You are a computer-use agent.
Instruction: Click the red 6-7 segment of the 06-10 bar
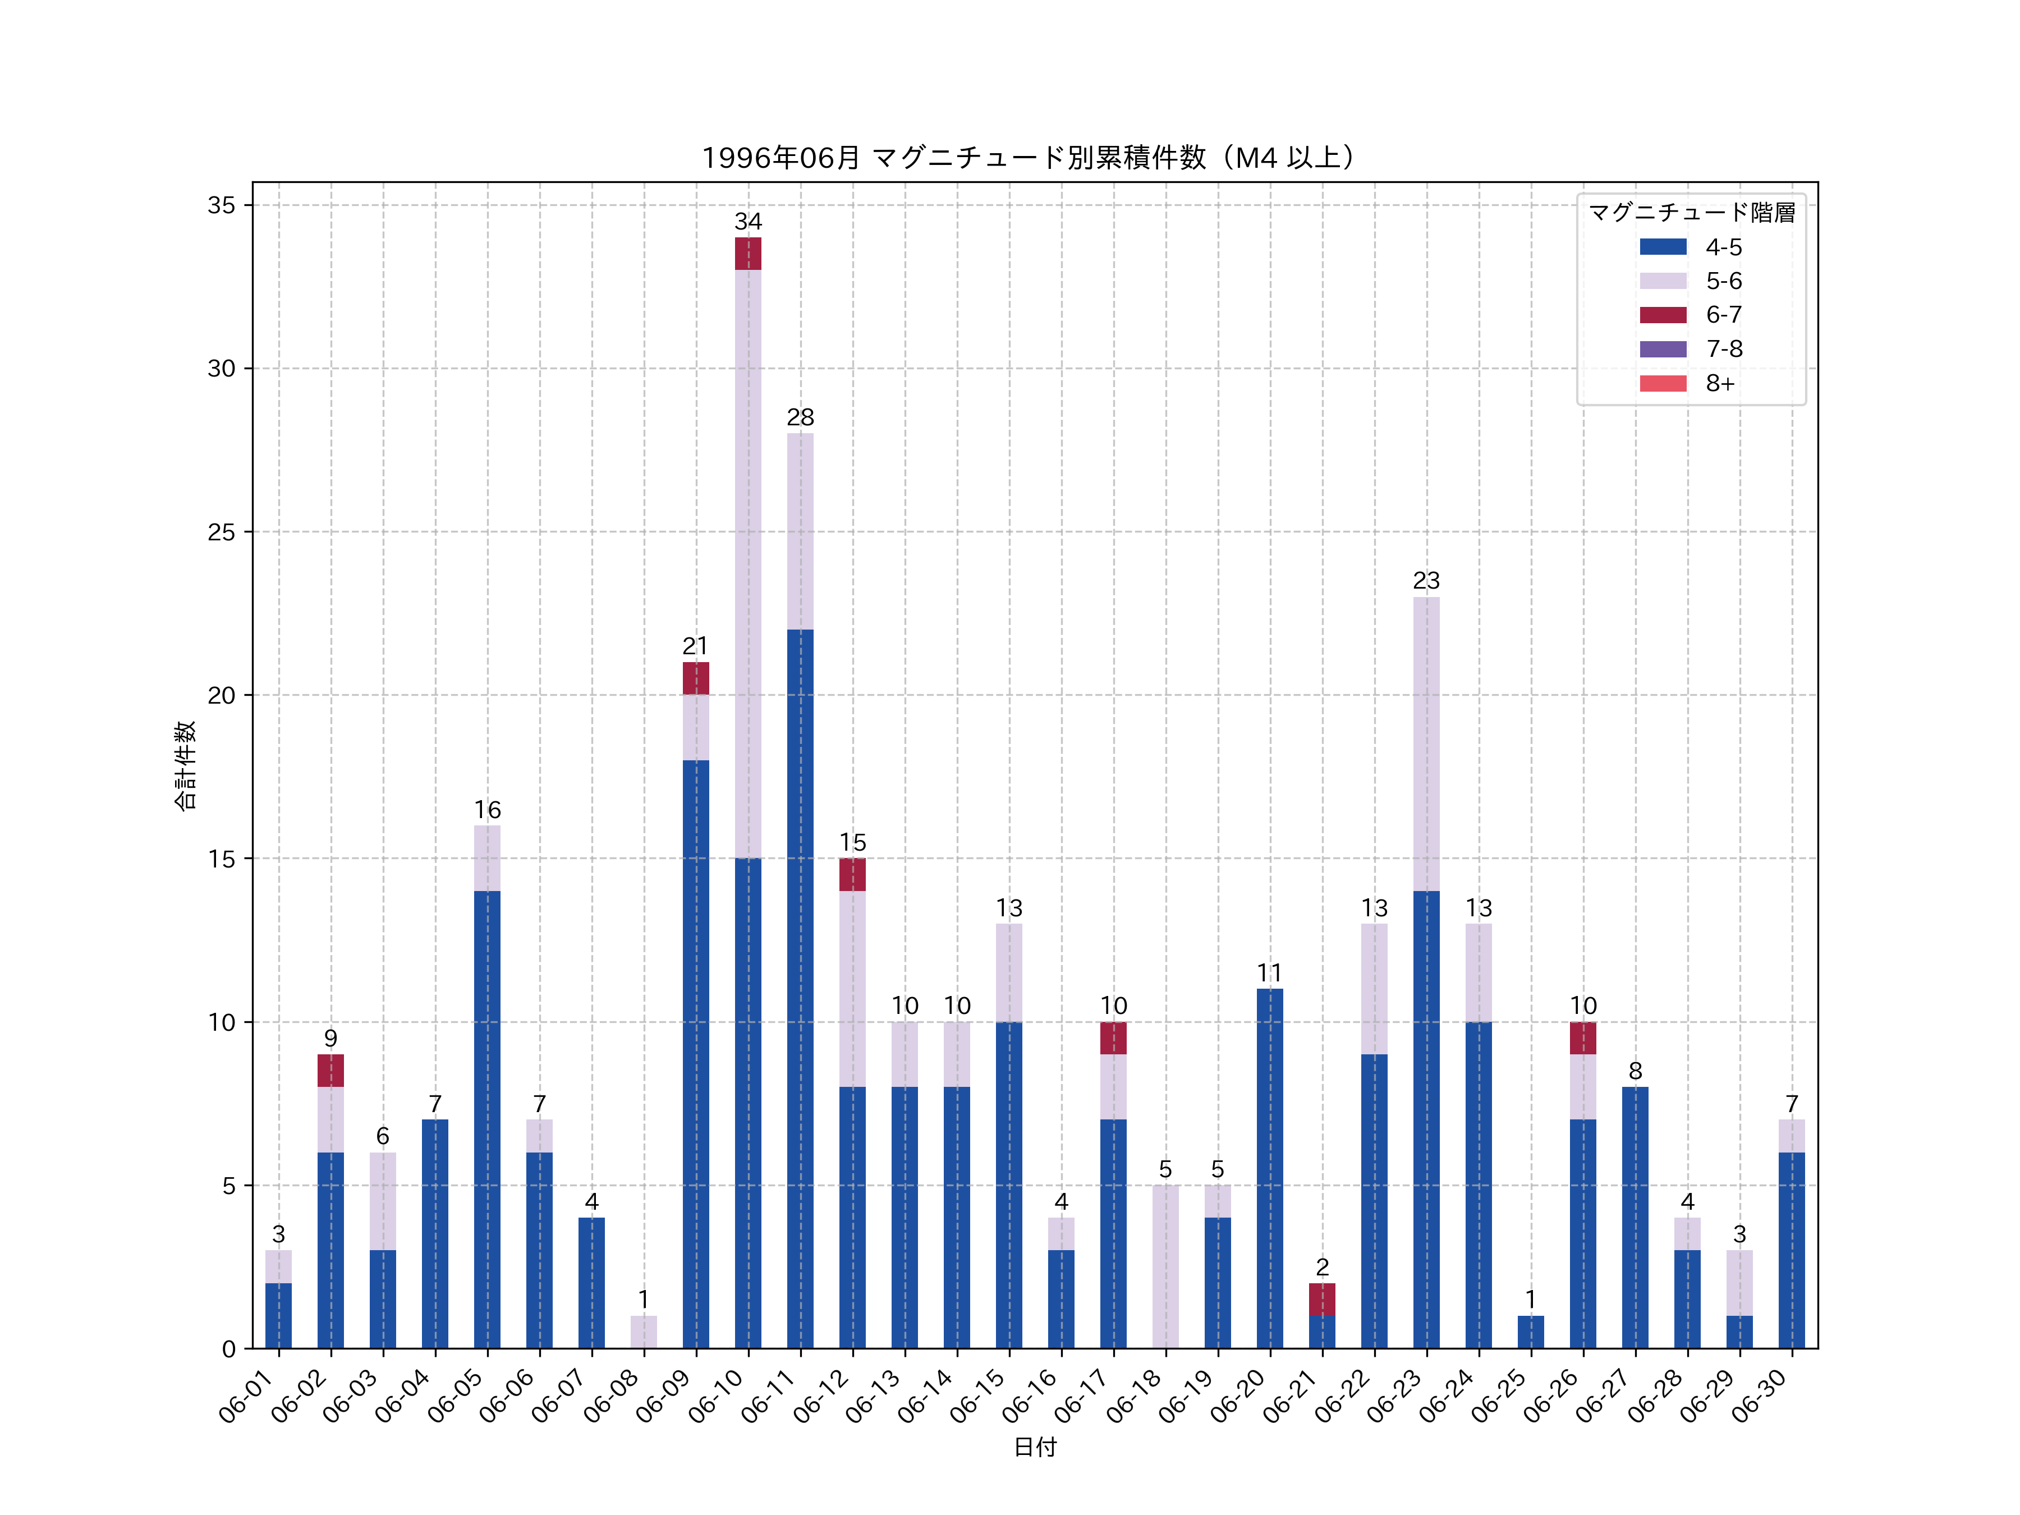click(x=748, y=254)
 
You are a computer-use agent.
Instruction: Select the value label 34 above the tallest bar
click(x=748, y=222)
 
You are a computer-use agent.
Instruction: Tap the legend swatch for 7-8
click(x=1663, y=349)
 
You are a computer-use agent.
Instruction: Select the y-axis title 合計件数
click(x=185, y=765)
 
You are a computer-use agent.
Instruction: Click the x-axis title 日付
click(x=1035, y=1448)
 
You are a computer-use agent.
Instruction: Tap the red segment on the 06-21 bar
click(x=1321, y=1300)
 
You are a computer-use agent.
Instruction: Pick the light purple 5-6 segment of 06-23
click(x=1426, y=744)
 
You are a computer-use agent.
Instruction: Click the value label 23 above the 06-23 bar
click(x=1426, y=581)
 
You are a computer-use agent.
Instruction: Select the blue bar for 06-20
click(x=1269, y=1169)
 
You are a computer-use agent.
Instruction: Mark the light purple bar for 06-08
click(x=644, y=1333)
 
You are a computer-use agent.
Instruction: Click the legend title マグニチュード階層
click(x=1691, y=213)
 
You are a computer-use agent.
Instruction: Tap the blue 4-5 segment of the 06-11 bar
click(x=800, y=989)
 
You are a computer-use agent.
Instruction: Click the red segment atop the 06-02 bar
click(x=330, y=1070)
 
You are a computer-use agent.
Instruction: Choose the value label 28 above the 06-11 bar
click(x=800, y=417)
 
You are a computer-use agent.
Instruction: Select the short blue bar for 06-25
click(x=1531, y=1333)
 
